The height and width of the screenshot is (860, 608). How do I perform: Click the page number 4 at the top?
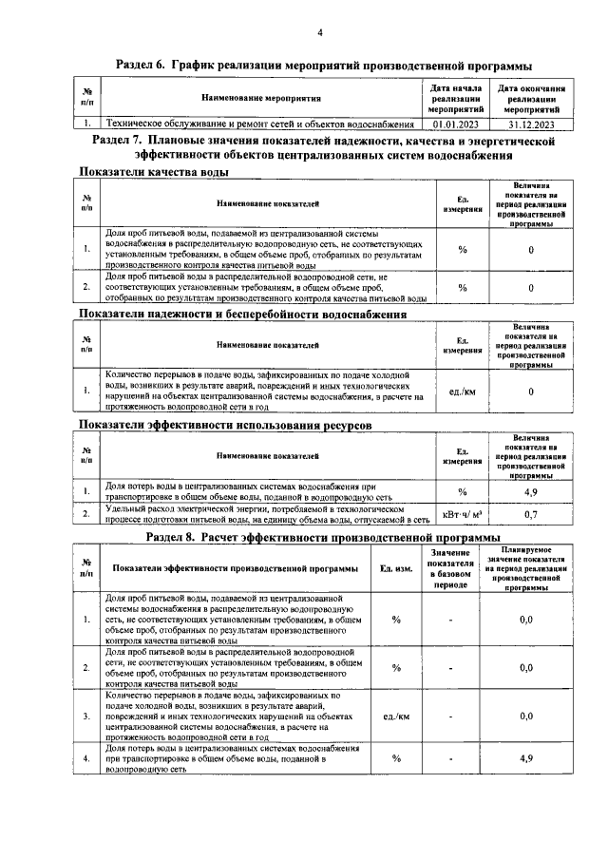click(319, 34)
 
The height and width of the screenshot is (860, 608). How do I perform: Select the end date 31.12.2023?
click(531, 124)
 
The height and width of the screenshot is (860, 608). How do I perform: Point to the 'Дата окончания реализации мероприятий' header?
click(531, 98)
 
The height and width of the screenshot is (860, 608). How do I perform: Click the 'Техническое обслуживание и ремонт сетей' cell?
click(258, 124)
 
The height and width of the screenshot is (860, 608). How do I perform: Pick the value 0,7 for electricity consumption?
click(531, 515)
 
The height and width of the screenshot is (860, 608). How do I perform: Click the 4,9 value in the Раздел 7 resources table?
click(531, 492)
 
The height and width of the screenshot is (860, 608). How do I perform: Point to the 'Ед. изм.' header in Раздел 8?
click(396, 568)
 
